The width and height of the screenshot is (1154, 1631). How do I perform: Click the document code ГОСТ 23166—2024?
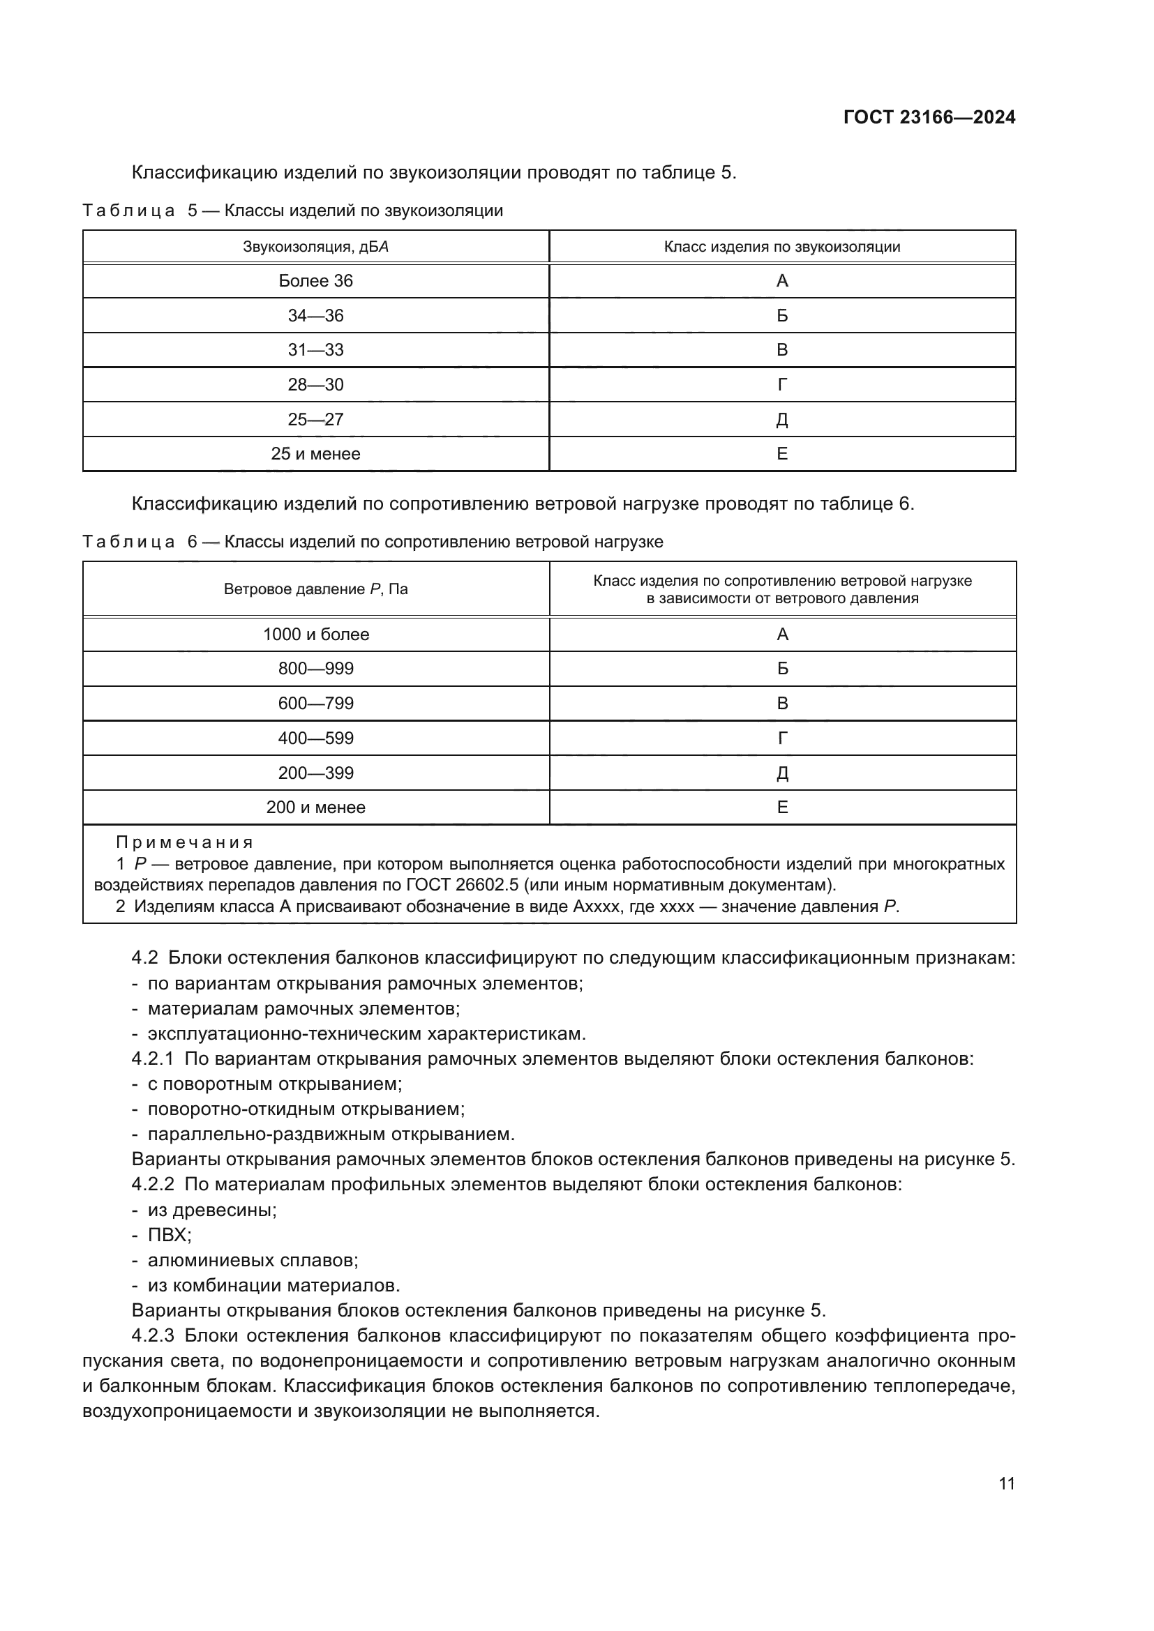click(929, 118)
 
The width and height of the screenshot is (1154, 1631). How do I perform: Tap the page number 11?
click(1006, 1482)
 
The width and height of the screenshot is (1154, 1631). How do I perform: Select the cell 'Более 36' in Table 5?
click(315, 281)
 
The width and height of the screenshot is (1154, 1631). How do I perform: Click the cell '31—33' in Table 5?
click(315, 350)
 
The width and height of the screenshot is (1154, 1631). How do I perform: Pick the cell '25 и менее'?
click(315, 454)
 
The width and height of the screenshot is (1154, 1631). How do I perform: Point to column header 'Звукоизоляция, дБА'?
click(315, 248)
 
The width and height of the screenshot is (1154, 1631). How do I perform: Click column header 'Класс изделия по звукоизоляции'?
click(781, 248)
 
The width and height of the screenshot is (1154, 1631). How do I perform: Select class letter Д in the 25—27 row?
click(781, 420)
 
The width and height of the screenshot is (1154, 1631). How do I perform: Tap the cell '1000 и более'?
click(315, 635)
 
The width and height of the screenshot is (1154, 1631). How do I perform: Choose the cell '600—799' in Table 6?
click(315, 704)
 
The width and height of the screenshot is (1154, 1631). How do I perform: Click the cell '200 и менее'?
click(315, 807)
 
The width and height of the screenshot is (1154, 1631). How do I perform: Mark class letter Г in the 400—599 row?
click(781, 738)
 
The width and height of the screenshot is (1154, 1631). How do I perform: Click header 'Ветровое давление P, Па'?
click(315, 590)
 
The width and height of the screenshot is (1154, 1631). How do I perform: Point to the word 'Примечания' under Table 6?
click(185, 842)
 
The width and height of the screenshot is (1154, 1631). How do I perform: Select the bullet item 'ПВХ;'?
click(169, 1236)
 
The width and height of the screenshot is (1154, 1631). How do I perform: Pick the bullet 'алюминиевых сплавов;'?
click(253, 1261)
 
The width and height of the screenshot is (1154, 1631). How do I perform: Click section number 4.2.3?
click(152, 1336)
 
